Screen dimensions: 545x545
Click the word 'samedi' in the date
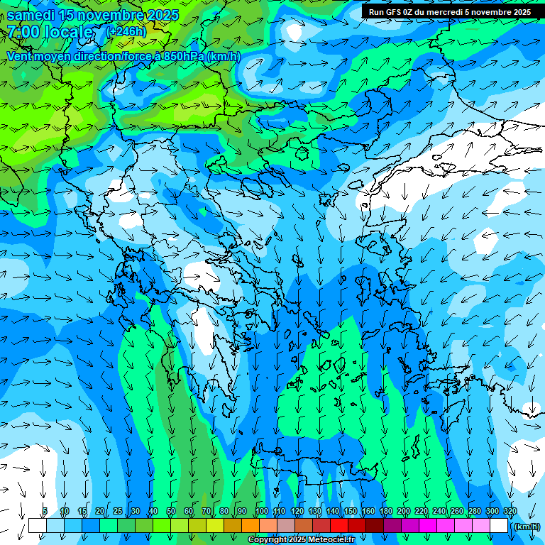(31, 15)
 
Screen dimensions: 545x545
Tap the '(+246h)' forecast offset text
(126, 31)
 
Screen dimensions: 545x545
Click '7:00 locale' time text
(50, 32)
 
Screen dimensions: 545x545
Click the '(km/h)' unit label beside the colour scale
(525, 527)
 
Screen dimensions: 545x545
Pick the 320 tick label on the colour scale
(510, 512)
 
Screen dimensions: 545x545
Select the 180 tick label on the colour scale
(385, 512)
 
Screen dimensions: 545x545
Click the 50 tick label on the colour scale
(171, 512)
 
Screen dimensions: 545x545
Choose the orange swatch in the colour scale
(251, 526)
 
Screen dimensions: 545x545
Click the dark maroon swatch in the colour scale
(375, 526)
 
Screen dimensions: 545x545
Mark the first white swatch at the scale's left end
(37, 526)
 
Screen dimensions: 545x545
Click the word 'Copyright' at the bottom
(267, 540)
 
